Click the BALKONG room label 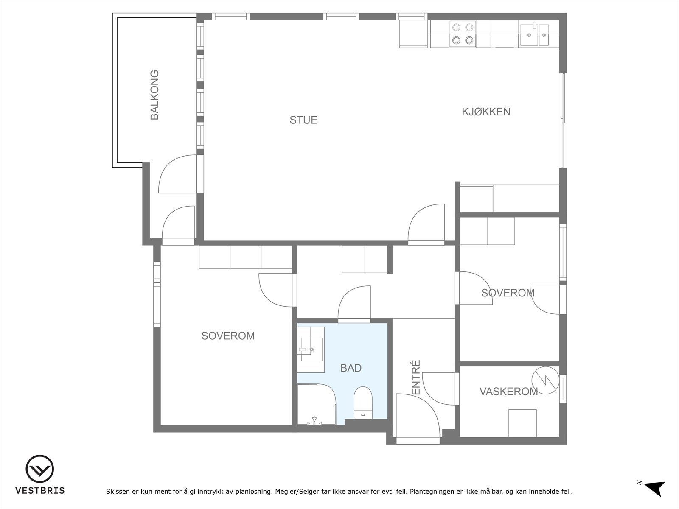(x=154, y=95)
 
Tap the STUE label (x=303, y=120)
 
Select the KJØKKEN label (x=486, y=112)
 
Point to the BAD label (x=351, y=368)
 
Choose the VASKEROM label (x=508, y=392)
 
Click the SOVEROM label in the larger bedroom (x=228, y=336)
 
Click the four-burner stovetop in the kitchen (x=463, y=34)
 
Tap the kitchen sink (x=534, y=35)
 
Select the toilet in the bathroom (x=363, y=403)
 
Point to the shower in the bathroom (x=317, y=404)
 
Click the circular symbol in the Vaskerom (x=545, y=380)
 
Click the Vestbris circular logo (x=40, y=469)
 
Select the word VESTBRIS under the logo (x=40, y=490)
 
